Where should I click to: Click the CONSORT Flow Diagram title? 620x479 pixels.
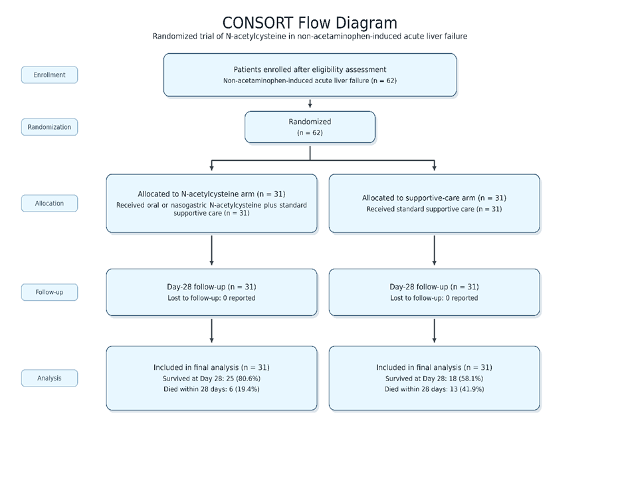[x=310, y=23]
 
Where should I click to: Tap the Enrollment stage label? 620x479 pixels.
[x=49, y=75]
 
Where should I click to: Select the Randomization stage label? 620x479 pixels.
[x=49, y=127]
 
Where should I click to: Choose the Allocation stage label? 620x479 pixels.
[x=49, y=203]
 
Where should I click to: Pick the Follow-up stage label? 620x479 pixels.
[x=49, y=292]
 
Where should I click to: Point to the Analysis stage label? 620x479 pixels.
[x=49, y=378]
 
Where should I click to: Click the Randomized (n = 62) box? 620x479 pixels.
[x=310, y=127]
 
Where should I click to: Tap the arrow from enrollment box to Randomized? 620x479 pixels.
[x=310, y=103]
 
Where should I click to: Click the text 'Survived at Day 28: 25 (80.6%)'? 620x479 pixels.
[x=211, y=379]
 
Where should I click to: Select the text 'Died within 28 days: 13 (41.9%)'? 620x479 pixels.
[x=434, y=389]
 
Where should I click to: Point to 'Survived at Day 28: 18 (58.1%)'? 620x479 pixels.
[x=434, y=379]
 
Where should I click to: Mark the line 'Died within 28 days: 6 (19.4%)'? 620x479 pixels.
[x=211, y=389]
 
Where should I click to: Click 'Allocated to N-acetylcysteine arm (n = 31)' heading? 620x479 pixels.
[x=211, y=194]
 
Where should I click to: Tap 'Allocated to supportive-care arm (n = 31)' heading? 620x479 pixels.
[x=434, y=198]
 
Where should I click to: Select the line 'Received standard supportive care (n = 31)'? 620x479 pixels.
[x=434, y=209]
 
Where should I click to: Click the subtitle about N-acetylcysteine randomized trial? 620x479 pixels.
[x=310, y=37]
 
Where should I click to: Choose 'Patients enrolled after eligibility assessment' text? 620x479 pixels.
[x=310, y=70]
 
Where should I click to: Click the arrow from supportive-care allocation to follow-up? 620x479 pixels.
[x=434, y=250]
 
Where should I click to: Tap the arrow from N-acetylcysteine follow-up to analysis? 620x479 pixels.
[x=211, y=331]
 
